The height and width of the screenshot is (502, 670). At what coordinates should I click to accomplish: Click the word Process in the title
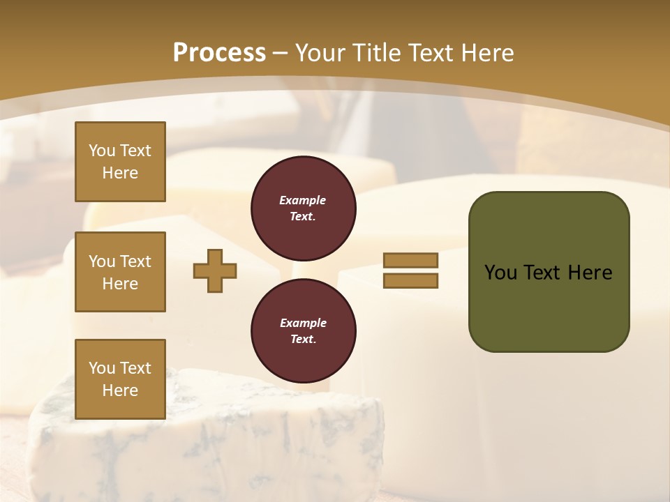219,53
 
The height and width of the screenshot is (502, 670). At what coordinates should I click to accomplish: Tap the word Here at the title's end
486,53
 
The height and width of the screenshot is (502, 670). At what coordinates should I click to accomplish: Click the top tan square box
120,162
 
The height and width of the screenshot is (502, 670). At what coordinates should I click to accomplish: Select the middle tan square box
120,272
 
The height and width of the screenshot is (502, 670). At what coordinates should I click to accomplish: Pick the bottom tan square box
120,379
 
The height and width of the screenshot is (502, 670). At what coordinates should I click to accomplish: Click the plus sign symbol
215,271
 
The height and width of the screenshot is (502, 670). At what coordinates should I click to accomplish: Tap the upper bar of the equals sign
410,260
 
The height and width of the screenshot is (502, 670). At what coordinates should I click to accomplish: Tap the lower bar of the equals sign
410,280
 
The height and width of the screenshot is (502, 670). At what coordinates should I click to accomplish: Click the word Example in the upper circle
303,200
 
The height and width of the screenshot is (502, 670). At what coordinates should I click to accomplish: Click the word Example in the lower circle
303,323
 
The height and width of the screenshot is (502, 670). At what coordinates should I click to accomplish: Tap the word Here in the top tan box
120,173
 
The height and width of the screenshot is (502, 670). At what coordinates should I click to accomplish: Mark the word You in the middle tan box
101,261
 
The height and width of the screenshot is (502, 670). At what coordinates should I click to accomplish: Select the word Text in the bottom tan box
135,368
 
